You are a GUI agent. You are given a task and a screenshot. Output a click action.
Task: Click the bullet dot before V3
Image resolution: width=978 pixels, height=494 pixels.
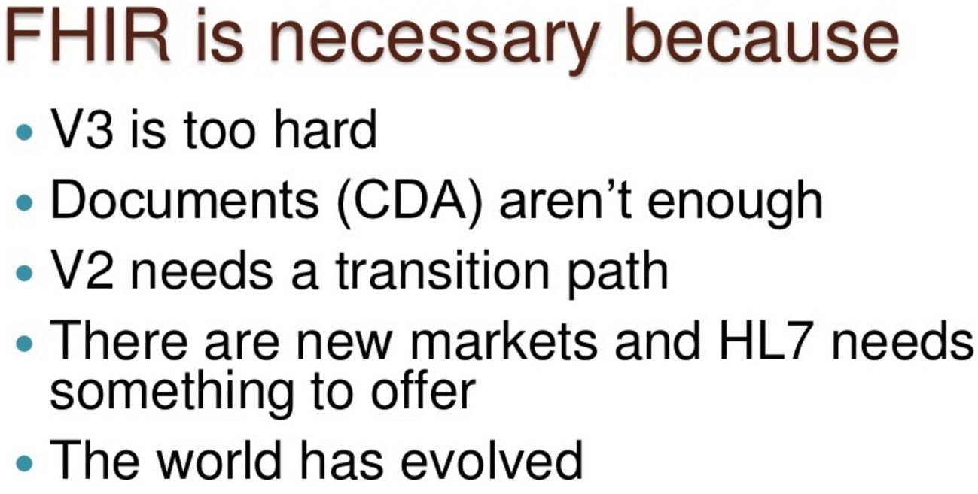pos(24,132)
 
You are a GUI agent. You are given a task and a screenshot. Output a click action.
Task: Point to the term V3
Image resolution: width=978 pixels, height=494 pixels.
pos(82,129)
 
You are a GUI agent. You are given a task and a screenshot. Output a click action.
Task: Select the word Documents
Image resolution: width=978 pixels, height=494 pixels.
pos(184,199)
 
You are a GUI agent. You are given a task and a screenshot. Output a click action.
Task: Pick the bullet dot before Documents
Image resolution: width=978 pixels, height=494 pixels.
pos(24,202)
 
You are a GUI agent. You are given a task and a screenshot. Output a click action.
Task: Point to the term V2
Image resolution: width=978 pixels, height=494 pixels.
pos(82,270)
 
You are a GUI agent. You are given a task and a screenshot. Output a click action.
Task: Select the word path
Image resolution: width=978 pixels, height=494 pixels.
pos(618,274)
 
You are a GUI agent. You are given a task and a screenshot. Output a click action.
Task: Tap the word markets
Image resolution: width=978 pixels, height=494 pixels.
pos(504,340)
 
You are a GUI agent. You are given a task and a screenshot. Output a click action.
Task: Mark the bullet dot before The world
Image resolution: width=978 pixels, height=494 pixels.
pos(24,463)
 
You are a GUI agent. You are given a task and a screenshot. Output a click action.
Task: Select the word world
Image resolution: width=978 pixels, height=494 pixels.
pos(219,459)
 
